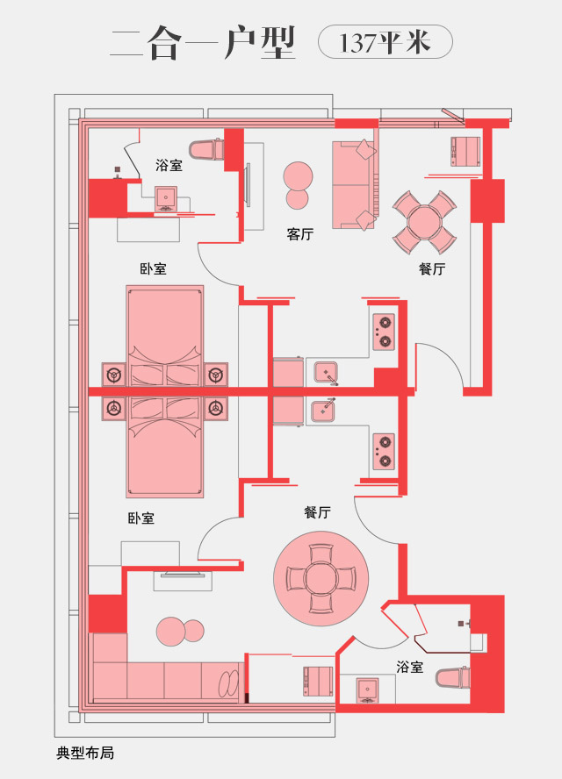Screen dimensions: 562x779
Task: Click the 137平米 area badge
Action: tap(385, 42)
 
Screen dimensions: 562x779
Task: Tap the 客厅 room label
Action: tap(300, 234)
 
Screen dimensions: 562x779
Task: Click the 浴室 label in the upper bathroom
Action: tap(169, 165)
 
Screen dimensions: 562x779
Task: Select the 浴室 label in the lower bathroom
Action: tap(410, 667)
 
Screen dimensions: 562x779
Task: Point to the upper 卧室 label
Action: tap(153, 268)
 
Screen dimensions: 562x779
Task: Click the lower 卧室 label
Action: tap(141, 518)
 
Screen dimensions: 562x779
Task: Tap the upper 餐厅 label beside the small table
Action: tap(432, 268)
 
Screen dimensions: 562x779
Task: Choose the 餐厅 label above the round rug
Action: tap(317, 512)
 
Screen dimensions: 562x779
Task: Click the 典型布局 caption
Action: tap(85, 754)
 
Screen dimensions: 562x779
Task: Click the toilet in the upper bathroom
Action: tap(204, 149)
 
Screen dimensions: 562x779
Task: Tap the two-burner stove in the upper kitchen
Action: tap(385, 332)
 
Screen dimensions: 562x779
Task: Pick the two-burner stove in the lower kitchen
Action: tap(385, 451)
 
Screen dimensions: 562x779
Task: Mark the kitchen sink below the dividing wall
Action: tap(324, 411)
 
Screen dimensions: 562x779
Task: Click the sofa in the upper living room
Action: tap(354, 184)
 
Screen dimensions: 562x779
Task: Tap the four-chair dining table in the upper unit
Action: tap(424, 222)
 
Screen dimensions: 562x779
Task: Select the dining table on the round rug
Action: tap(321, 578)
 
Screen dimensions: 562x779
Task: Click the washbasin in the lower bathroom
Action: tap(368, 690)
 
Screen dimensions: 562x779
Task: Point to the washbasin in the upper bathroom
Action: tap(166, 198)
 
